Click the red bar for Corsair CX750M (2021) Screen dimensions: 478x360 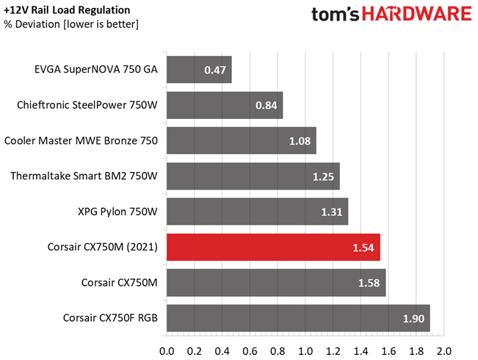click(x=273, y=247)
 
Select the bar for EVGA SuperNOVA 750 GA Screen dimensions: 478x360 click(x=199, y=70)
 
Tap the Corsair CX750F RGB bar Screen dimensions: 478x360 click(x=298, y=318)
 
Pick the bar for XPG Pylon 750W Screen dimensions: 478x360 click(x=257, y=212)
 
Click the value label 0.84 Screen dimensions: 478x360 click(x=266, y=106)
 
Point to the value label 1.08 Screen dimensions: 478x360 click(x=300, y=141)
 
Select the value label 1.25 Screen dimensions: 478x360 click(x=323, y=176)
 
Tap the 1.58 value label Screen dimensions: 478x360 click(x=369, y=283)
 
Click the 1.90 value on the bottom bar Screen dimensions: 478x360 click(x=413, y=319)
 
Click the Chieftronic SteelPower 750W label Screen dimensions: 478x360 click(x=87, y=105)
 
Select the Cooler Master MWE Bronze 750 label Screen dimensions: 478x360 click(x=81, y=140)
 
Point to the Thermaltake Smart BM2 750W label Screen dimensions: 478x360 click(x=84, y=176)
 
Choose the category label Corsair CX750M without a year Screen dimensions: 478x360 click(x=120, y=283)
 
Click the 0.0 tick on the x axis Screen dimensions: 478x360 click(x=167, y=351)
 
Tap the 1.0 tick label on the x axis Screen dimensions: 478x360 click(x=305, y=351)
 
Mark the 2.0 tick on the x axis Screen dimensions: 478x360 click(x=443, y=351)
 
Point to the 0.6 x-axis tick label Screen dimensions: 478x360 click(x=250, y=351)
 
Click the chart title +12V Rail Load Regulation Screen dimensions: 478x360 click(x=67, y=10)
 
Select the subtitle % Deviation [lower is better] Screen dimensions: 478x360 click(x=71, y=24)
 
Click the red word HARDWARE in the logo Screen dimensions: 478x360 click(x=417, y=14)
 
